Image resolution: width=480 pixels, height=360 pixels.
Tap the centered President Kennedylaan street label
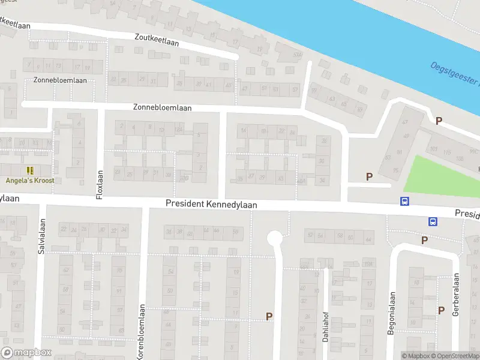[x=211, y=205]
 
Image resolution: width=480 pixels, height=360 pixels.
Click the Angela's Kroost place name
[x=30, y=181]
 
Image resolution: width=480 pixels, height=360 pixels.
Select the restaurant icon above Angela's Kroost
[x=30, y=170]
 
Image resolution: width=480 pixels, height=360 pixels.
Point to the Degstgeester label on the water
[x=456, y=75]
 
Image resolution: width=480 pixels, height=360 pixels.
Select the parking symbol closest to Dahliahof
[x=269, y=316]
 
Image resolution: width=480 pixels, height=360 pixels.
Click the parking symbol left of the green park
[x=369, y=176]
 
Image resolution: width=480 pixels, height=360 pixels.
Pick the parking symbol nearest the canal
[x=439, y=121]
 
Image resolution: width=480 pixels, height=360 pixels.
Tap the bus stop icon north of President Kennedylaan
[x=405, y=202]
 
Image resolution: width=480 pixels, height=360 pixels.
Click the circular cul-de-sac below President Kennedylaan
[x=274, y=238]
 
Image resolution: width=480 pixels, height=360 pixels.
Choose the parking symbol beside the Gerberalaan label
[x=441, y=310]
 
